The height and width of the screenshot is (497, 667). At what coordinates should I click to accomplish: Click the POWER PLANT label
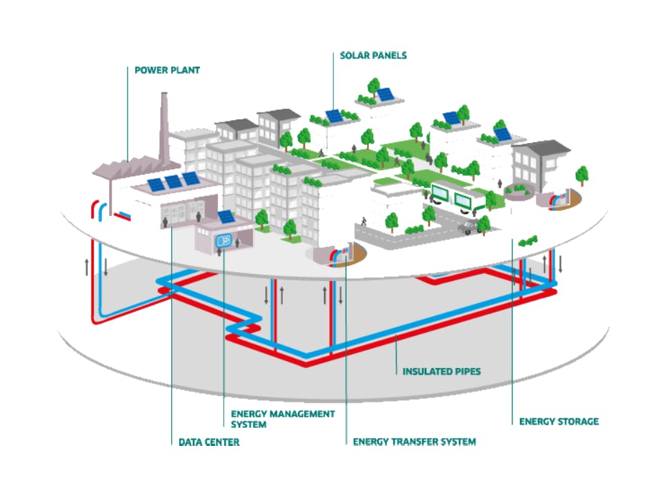pos(167,70)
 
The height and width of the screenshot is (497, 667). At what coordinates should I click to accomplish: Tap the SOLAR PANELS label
pos(373,55)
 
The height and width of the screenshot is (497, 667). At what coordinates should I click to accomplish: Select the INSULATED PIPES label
pos(441,371)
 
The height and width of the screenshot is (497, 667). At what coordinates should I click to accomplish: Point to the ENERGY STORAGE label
pos(559,420)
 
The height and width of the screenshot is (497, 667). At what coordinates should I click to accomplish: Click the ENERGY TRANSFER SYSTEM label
pos(414,442)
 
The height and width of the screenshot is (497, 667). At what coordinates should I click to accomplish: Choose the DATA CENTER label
pos(205,442)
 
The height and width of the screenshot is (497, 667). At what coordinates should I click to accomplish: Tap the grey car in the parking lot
pos(468,226)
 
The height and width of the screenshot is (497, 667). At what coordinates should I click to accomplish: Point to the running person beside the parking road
pos(363,220)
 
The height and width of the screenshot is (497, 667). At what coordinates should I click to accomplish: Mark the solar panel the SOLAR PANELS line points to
pos(335,116)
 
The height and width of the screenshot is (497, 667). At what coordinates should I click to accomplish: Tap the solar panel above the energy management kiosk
pos(226,216)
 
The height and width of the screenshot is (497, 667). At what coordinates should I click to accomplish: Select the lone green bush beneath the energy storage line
pos(528,240)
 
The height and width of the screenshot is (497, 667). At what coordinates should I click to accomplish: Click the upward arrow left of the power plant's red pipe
pos(87,266)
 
